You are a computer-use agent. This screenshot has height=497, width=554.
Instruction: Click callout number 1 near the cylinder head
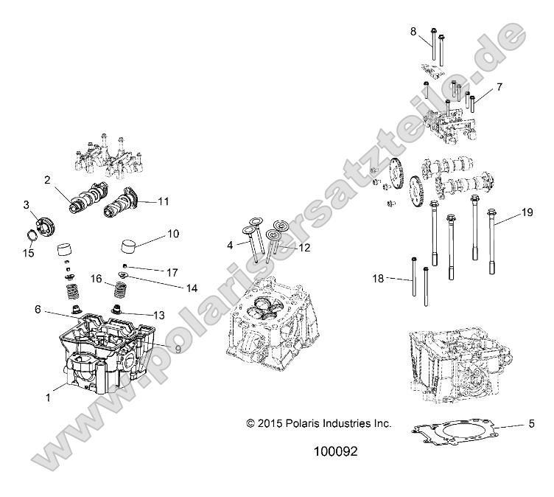tap(49, 397)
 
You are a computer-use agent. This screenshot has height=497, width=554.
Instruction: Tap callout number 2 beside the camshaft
tap(47, 179)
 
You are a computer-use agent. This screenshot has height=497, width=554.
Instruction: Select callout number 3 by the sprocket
tap(26, 204)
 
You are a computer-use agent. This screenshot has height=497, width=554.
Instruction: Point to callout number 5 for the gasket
tap(530, 424)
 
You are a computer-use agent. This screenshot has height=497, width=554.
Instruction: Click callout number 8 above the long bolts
tap(413, 30)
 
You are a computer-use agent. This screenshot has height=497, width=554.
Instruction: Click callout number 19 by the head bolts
tap(526, 213)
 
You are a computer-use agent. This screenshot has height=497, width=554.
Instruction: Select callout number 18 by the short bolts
tap(379, 278)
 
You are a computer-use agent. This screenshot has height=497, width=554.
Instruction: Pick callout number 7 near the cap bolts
tap(499, 87)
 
